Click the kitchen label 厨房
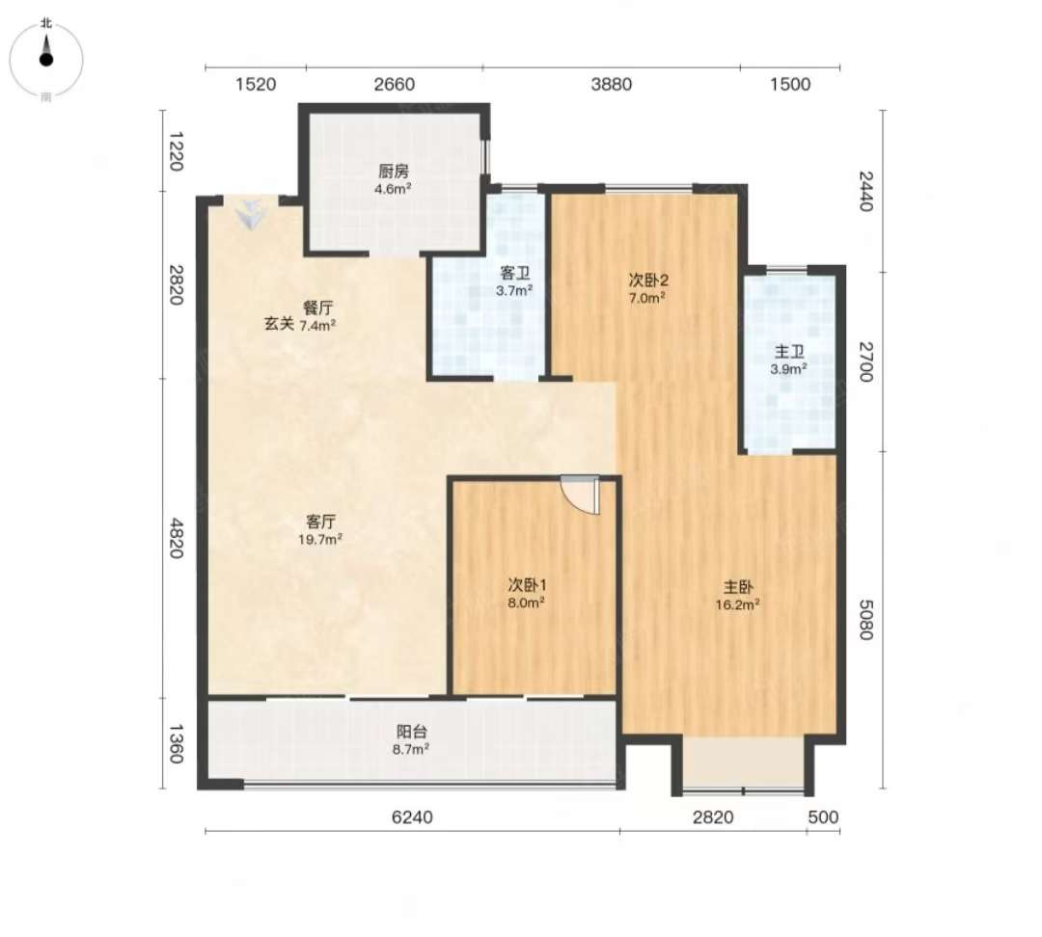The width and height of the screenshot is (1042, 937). tap(393, 172)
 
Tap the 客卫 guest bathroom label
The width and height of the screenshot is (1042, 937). tap(514, 273)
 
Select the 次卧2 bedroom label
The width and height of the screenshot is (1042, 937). tap(648, 281)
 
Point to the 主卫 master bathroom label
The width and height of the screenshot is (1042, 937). tap(789, 352)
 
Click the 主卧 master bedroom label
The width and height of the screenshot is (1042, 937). tap(738, 587)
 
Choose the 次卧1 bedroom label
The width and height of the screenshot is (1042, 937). tap(527, 585)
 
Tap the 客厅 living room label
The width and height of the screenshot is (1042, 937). tap(320, 522)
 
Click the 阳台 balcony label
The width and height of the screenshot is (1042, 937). tap(411, 732)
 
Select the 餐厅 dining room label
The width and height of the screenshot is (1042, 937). tap(317, 308)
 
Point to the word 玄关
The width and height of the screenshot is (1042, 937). tap(279, 325)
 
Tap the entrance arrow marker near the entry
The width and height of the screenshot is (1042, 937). tap(251, 214)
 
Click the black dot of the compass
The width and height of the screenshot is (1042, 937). tap(46, 60)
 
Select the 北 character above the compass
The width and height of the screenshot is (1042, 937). tap(46, 23)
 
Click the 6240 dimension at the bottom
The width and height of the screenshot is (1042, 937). tap(412, 817)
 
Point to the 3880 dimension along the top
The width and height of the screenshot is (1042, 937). tap(612, 84)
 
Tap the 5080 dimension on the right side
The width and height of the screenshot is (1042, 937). tap(865, 620)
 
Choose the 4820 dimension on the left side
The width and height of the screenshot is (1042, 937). tap(175, 538)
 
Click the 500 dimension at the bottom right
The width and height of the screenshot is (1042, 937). tap(823, 817)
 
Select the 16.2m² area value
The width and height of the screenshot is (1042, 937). tap(738, 604)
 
